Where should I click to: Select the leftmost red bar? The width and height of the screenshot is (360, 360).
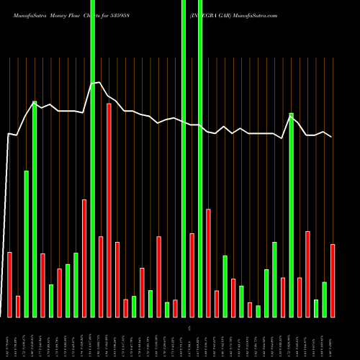point(9,284)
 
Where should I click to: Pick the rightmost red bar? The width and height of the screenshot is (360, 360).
point(333,281)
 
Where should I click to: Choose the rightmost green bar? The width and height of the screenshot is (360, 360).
point(324,299)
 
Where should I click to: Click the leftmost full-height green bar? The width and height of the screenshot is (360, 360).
point(92,158)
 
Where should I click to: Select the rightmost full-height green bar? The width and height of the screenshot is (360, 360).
point(200,158)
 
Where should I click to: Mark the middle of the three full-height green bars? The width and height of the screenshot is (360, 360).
point(184,158)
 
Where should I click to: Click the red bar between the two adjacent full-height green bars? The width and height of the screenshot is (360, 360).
point(192,275)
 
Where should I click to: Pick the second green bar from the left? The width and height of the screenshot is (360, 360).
point(35,209)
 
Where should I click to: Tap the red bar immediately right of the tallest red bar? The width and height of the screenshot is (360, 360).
point(117,279)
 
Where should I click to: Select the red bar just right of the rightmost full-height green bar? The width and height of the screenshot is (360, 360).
point(208,263)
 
